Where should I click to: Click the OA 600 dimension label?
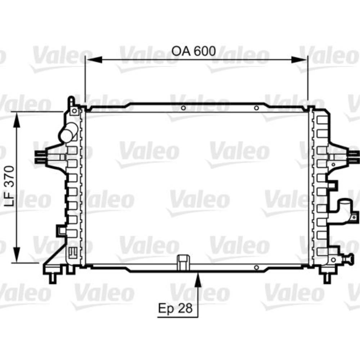tap(194, 51)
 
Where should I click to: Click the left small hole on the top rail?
tap(183, 108)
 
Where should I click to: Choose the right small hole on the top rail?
tap(256, 108)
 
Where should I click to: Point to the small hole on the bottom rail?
tap(256, 267)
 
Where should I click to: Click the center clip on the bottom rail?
tap(183, 262)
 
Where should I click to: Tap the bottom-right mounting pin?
tap(327, 277)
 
